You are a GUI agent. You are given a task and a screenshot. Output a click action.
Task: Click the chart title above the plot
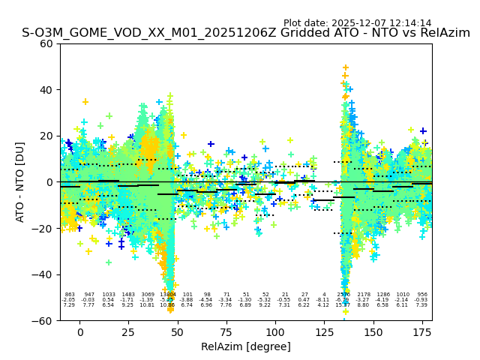246,33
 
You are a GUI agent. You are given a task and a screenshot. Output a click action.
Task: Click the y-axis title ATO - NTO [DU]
20,182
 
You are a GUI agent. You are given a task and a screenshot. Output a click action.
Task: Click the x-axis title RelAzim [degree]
245,346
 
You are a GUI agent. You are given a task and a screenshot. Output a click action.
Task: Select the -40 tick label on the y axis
44,274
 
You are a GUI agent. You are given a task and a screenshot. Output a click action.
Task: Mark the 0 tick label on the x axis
79,331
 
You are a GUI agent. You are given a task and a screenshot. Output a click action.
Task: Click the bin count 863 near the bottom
70,295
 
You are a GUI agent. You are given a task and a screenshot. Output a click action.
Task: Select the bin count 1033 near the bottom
109,295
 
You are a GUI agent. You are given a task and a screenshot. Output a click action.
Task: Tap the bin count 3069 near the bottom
148,295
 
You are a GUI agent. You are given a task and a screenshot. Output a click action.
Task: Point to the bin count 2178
363,295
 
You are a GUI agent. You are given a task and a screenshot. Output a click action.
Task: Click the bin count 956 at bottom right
421,295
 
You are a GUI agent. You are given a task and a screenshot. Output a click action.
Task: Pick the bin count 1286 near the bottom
382,295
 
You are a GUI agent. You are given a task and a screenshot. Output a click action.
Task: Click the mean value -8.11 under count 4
323,300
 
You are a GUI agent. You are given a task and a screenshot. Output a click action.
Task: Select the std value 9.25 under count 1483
128,305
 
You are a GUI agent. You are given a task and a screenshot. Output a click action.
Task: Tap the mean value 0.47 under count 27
304,300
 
